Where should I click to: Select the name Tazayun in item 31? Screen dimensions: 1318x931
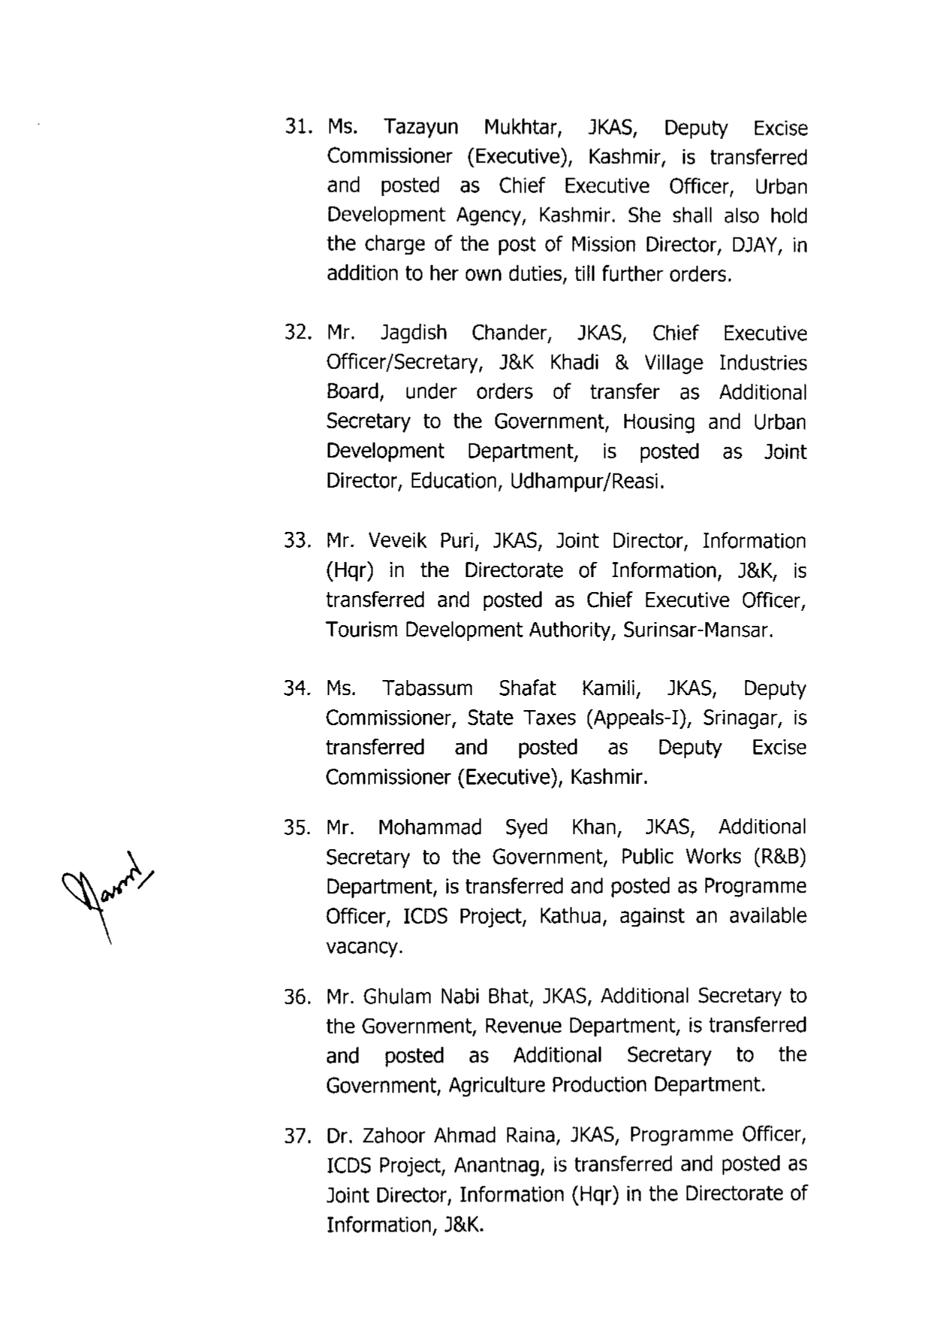[420, 128]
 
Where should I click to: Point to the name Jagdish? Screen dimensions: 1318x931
[414, 334]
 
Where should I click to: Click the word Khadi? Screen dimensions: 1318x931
[574, 363]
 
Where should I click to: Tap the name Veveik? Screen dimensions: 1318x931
[398, 541]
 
